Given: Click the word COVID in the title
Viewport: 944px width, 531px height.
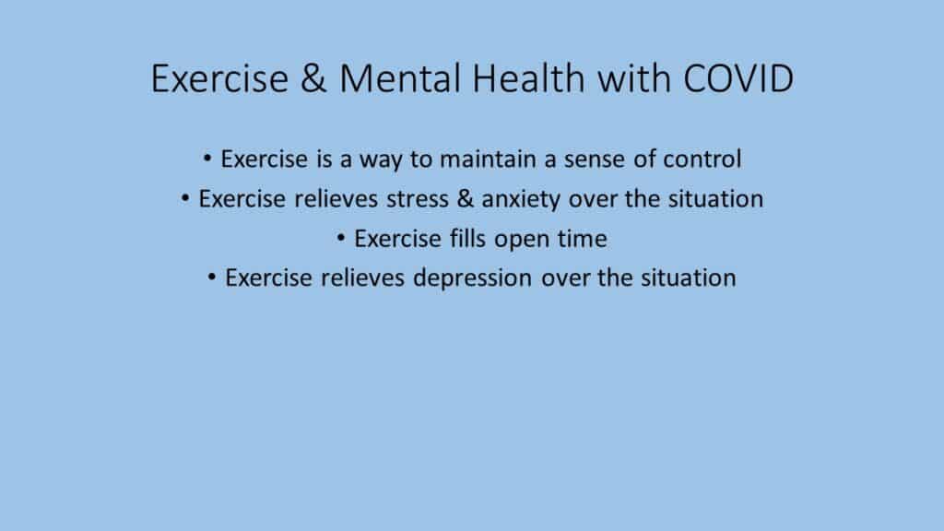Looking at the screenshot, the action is click(x=738, y=78).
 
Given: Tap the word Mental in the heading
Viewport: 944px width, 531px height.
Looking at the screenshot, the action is click(x=400, y=78).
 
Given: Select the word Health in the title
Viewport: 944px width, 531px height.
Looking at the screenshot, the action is click(x=528, y=78).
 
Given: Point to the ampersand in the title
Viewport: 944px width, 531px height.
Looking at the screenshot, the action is click(x=313, y=78).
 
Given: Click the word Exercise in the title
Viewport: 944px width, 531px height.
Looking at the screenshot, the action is click(x=219, y=78).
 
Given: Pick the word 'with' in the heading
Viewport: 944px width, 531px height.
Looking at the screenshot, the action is click(x=633, y=78).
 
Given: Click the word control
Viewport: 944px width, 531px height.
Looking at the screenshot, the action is click(x=702, y=159).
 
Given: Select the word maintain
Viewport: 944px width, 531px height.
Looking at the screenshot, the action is click(x=488, y=159).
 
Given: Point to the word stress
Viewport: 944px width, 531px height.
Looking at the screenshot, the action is click(x=418, y=199).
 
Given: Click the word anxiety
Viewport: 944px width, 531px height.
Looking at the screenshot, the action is click(x=521, y=200).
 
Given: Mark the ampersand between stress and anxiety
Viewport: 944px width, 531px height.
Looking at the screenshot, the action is click(x=466, y=199).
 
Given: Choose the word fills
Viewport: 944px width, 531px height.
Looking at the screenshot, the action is click(x=467, y=239).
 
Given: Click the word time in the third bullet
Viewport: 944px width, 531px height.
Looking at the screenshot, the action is click(x=583, y=239).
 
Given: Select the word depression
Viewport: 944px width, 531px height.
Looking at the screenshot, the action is click(x=473, y=278).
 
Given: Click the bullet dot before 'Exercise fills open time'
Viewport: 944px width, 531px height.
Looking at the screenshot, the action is click(x=341, y=239).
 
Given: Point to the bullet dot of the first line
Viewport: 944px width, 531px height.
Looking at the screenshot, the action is click(x=207, y=159).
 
